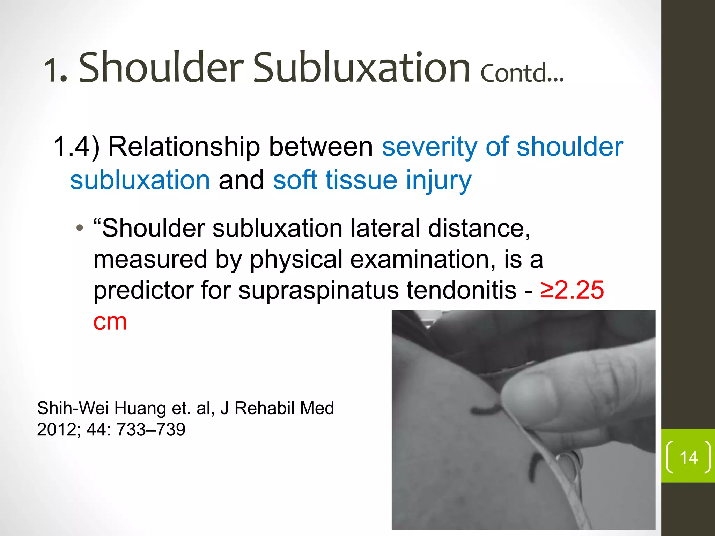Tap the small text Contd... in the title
[522, 73]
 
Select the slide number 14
[688, 457]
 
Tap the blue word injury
[438, 180]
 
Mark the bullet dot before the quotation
[80, 229]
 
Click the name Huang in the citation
[140, 408]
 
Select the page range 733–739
[151, 430]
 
